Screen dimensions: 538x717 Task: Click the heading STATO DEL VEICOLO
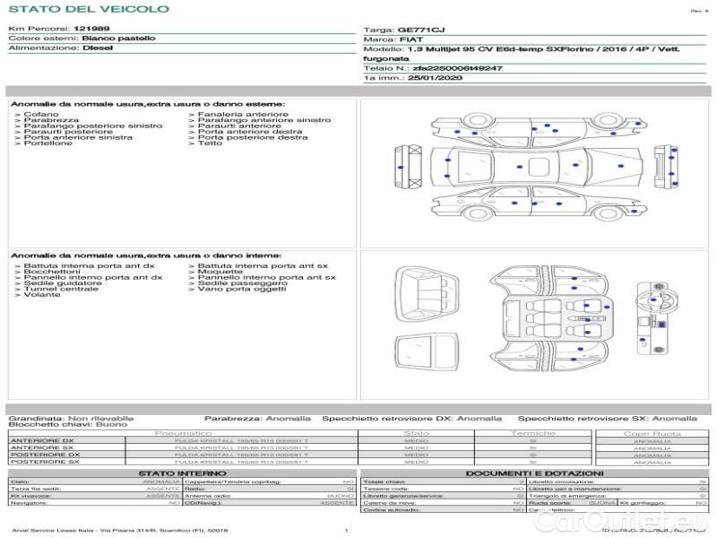pos(88,10)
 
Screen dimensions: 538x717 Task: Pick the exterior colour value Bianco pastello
pos(118,39)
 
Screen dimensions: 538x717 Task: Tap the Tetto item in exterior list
pos(210,143)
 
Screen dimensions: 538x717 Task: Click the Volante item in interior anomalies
pos(42,295)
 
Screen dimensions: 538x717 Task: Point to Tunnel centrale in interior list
pos(61,289)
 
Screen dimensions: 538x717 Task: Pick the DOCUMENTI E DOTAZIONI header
pos(534,473)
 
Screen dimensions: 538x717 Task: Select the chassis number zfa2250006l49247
pos(456,68)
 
